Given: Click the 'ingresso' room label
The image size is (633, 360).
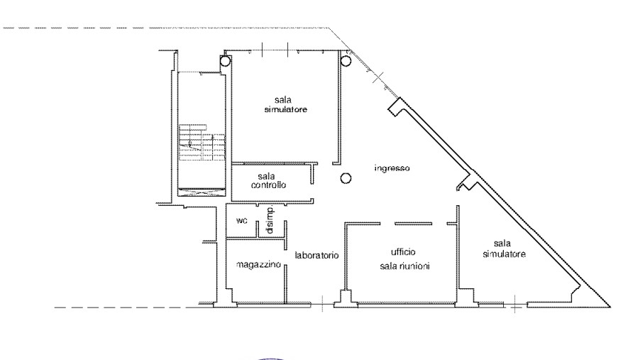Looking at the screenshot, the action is coord(392,168).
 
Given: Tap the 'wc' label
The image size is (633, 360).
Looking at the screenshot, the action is coord(241,221).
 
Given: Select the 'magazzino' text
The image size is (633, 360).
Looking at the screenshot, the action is coord(258,265).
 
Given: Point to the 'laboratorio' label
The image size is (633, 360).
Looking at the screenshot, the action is coord(316,256).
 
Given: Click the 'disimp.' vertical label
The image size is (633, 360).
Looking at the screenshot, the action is coord(270,219).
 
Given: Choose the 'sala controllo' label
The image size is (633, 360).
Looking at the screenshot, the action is coord(268,180).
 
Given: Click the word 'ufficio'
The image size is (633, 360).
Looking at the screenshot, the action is coord(403,252).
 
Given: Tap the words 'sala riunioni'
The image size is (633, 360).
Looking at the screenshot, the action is coord(404,266).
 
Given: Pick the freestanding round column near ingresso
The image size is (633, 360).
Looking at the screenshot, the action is coord(346,178).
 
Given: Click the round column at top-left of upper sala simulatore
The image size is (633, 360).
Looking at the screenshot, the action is coord(225,61).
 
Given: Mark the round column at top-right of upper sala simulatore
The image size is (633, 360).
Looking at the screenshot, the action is coord(346,61).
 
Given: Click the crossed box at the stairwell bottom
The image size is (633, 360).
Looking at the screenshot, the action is coord(202,192).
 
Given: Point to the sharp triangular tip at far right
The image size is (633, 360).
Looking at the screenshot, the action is coord(610,307).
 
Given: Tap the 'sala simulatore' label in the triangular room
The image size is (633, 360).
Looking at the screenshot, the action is coord(504,249).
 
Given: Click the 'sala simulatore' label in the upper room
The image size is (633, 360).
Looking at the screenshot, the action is coord(285,104).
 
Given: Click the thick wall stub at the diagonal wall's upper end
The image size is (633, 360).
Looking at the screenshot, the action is coord(395,107).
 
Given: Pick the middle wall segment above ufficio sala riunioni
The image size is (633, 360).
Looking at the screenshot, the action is coord(413,224).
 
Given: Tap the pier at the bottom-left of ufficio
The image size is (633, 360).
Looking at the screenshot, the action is coord(346,299).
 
